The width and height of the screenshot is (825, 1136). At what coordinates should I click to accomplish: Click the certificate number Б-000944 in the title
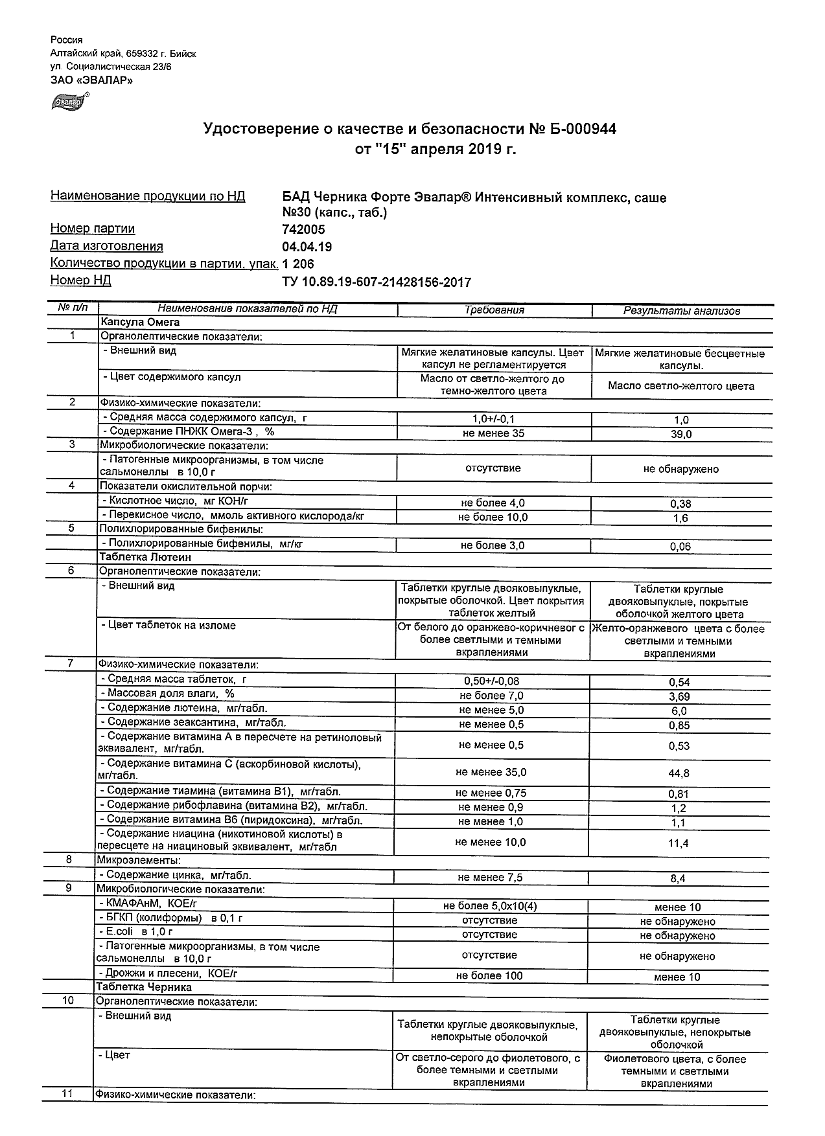click(583, 130)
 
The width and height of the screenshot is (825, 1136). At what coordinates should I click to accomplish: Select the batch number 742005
click(304, 229)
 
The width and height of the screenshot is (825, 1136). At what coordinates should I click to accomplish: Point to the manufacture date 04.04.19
click(307, 247)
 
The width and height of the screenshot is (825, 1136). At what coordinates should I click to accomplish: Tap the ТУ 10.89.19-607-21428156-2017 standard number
click(377, 282)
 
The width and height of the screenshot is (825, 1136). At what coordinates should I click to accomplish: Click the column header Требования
click(494, 310)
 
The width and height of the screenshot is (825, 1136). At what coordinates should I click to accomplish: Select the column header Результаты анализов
click(681, 311)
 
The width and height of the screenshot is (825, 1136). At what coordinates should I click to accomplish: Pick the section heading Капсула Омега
click(139, 322)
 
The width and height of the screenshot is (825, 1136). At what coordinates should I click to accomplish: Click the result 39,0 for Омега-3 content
click(681, 435)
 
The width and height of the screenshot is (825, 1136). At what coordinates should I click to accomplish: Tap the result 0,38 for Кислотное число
click(680, 504)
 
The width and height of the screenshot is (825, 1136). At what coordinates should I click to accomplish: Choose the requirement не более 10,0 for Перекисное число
click(493, 517)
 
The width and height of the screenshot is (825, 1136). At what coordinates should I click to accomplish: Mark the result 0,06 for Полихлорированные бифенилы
click(680, 547)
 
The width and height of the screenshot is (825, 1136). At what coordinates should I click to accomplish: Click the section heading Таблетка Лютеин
click(145, 557)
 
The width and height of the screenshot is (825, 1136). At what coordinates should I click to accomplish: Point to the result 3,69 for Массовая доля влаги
click(679, 697)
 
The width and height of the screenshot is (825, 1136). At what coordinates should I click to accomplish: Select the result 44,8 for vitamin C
click(679, 773)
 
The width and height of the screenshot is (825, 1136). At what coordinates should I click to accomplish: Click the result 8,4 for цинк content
click(679, 879)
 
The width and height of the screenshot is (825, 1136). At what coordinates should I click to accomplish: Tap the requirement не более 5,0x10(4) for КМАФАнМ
click(490, 907)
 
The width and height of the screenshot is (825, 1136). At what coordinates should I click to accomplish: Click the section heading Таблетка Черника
click(144, 988)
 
